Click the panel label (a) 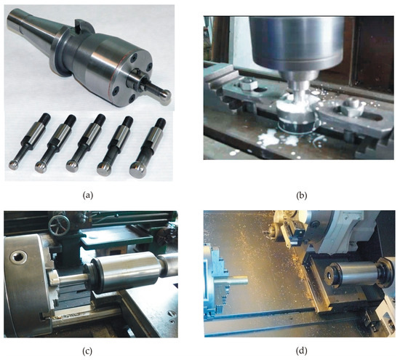tap(88, 196)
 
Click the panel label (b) tap(302, 196)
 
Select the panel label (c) tap(87, 351)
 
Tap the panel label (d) tap(302, 351)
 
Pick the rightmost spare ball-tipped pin tap(148, 148)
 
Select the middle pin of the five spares tap(86, 143)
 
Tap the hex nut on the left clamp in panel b tap(247, 84)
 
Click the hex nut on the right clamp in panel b tap(352, 103)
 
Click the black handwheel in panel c tap(59, 225)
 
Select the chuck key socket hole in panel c tap(18, 257)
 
